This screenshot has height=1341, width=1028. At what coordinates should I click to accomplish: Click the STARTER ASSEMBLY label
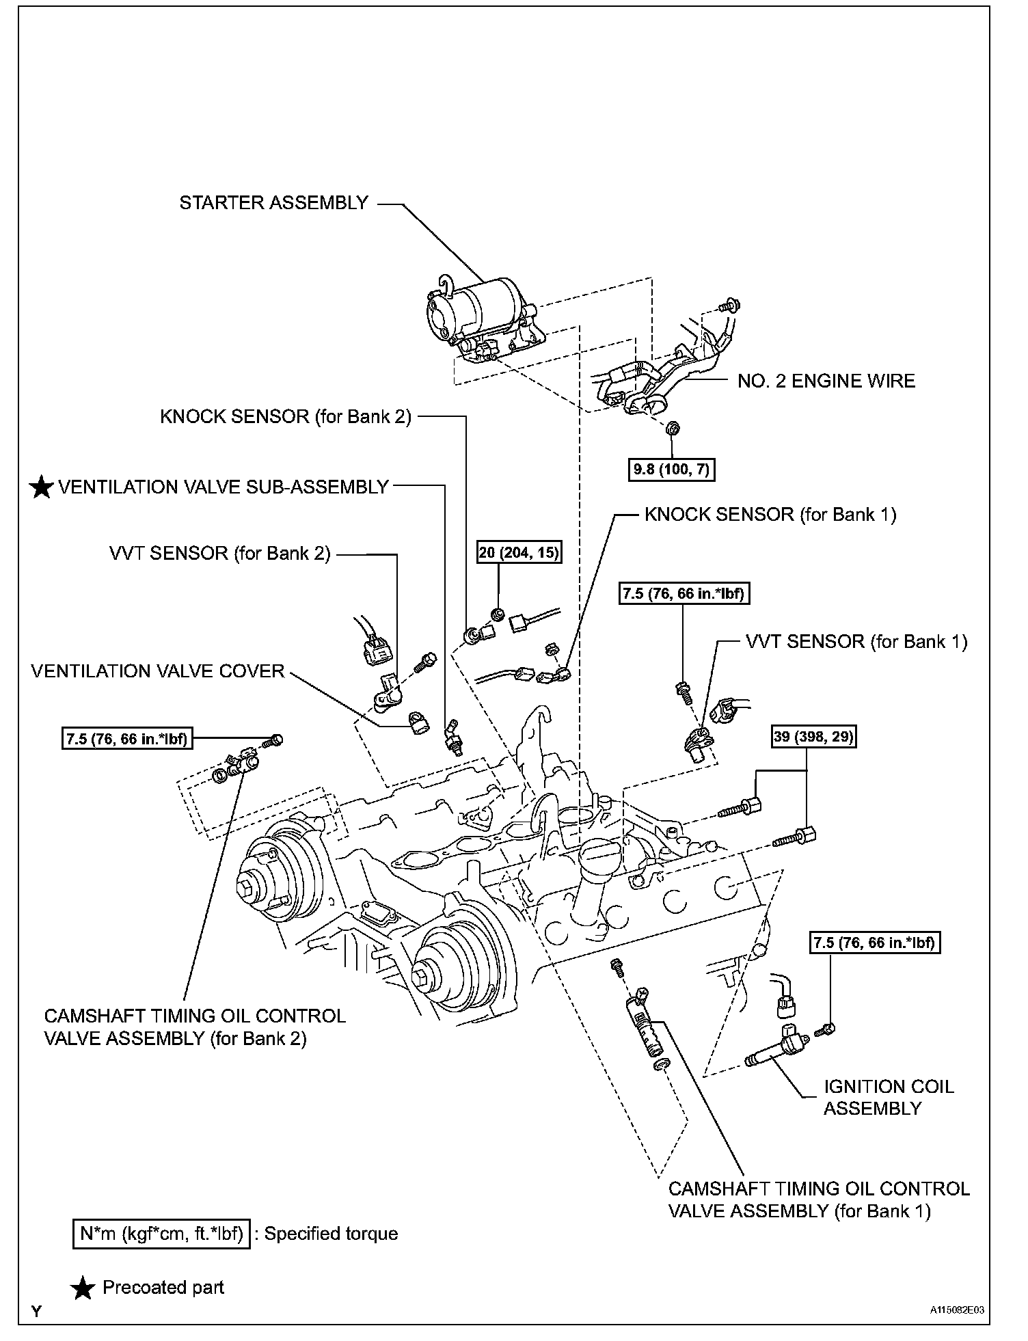point(273,203)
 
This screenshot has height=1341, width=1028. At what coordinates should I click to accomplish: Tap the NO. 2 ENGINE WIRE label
point(826,381)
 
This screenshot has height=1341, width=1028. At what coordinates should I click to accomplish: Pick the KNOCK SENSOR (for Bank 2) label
point(286,417)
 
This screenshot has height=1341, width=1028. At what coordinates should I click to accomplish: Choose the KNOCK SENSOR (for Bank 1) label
point(770,514)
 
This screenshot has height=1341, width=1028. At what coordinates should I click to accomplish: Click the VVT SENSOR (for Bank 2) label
point(219,553)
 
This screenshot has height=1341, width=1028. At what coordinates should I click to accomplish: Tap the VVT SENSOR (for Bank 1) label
point(856,641)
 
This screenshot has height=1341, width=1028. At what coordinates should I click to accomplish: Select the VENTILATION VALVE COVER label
point(157,671)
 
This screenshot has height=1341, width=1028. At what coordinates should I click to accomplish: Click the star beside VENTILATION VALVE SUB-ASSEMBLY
point(42,487)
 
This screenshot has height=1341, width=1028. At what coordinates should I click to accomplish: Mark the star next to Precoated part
point(83,1288)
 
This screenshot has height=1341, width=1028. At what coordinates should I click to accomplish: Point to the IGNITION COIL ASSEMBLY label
point(888,1097)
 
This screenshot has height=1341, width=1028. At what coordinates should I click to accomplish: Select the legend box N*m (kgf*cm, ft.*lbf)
point(161,1234)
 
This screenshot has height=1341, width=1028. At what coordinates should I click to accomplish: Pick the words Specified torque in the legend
point(331,1234)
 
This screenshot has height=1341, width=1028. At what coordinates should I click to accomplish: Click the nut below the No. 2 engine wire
point(671,429)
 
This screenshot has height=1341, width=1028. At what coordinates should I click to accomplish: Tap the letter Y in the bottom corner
point(36,1311)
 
